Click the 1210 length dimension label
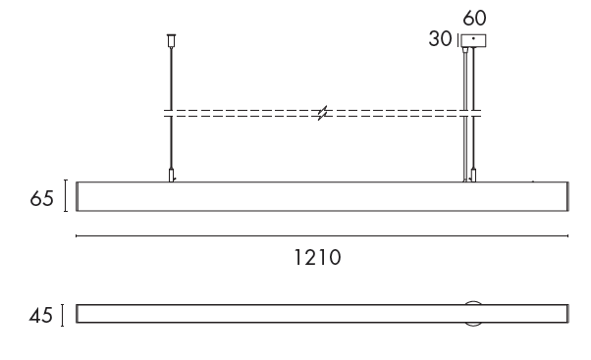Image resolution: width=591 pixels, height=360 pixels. click(x=317, y=258)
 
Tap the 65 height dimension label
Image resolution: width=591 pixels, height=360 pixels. click(x=41, y=198)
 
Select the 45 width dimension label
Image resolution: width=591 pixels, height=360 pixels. click(x=40, y=315)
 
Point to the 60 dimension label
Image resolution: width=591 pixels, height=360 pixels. click(x=474, y=18)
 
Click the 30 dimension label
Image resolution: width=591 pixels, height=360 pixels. click(x=440, y=39)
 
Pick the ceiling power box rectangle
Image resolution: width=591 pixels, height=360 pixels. click(x=473, y=40)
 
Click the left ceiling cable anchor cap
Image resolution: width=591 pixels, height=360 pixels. click(x=172, y=40)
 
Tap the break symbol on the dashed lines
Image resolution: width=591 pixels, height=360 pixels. click(x=322, y=113)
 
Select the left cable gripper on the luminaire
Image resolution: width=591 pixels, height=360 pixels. click(x=172, y=176)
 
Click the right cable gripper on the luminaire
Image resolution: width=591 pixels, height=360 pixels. click(x=473, y=176)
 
